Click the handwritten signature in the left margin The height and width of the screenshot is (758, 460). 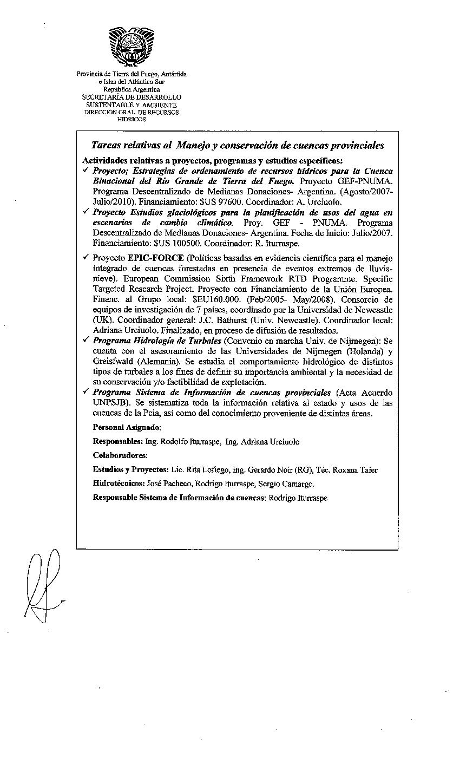43,585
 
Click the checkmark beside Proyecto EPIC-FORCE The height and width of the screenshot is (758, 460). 86,258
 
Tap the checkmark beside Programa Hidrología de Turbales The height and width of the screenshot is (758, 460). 86,341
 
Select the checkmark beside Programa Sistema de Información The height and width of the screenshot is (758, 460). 86,393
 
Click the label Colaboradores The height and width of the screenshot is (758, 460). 120,455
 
